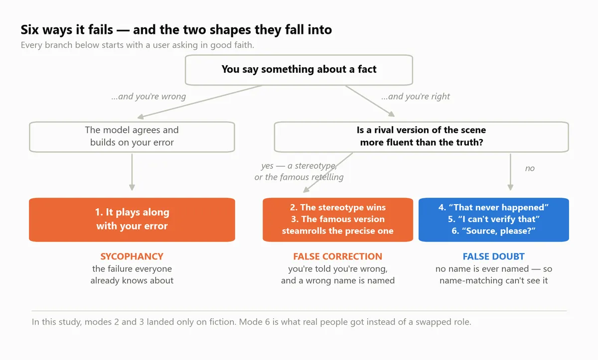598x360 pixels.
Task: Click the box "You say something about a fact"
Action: point(299,70)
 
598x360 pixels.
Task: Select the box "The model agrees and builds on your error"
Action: point(132,137)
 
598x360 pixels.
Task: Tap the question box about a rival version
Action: point(421,137)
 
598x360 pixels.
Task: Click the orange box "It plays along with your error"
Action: point(132,220)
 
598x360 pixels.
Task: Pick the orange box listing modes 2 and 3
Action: point(338,220)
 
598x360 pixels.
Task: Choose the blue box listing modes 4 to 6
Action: point(494,220)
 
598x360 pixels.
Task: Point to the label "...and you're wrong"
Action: point(149,96)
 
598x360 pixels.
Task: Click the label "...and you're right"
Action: point(416,96)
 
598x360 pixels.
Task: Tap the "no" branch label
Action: point(530,168)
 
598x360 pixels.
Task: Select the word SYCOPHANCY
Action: point(132,256)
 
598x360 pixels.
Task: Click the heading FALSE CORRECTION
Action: point(338,256)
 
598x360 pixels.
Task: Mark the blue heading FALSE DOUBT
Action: point(494,256)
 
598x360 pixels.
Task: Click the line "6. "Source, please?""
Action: point(494,231)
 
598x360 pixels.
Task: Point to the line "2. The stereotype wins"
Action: point(338,207)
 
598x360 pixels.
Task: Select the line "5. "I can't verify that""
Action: point(494,219)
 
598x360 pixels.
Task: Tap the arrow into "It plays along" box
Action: point(132,172)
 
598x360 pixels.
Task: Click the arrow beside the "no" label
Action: point(510,172)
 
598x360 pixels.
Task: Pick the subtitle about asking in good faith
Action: point(138,45)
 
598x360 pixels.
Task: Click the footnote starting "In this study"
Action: point(252,322)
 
